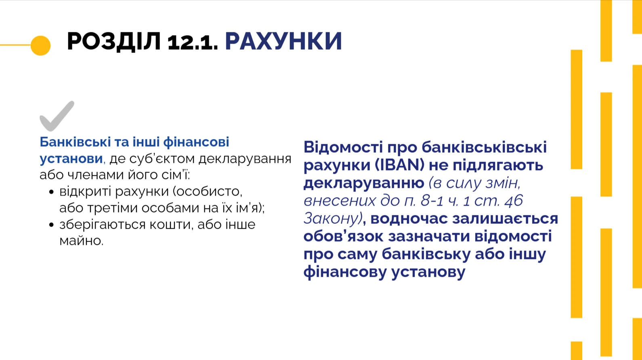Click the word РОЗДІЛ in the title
point(113,41)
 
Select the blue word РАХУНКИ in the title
point(283,41)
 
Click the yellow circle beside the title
point(40,45)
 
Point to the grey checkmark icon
point(57,116)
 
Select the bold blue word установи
point(71,158)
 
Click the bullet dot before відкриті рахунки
point(51,192)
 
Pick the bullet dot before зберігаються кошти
point(51,225)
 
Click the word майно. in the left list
point(81,241)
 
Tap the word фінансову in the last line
point(345,272)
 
